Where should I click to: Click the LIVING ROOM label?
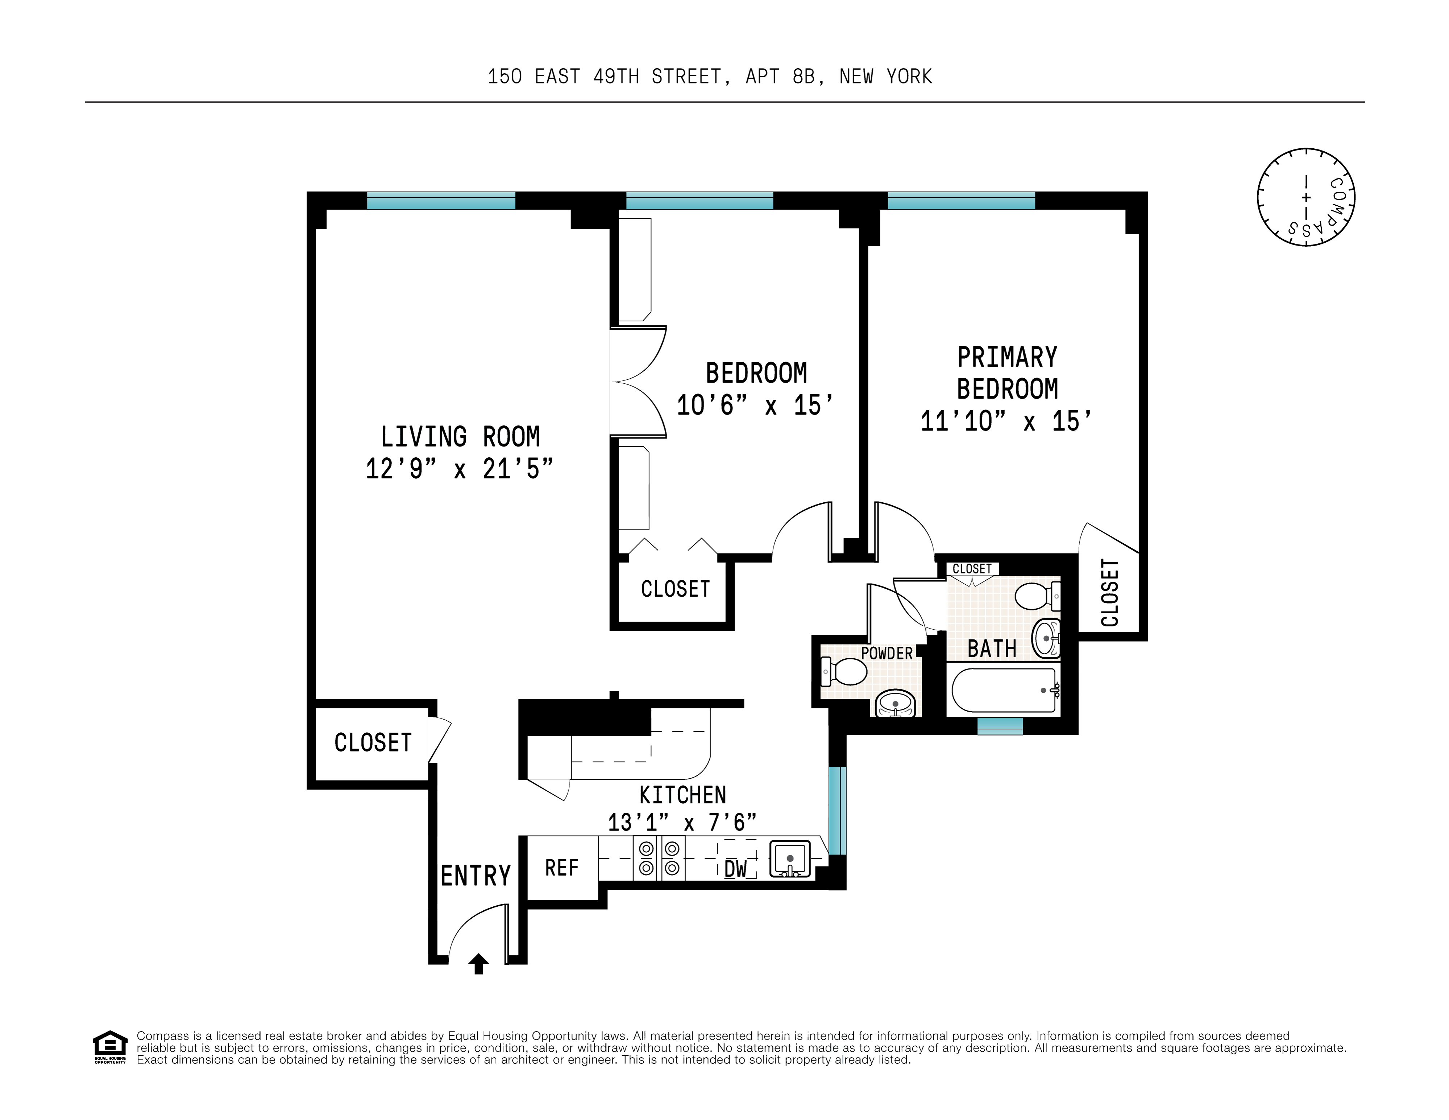460,437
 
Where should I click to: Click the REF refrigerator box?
562,868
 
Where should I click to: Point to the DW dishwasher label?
735,869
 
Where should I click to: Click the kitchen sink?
789,859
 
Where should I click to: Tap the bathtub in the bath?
1003,691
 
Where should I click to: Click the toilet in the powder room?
844,671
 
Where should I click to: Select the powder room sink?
896,703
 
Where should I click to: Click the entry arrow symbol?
478,963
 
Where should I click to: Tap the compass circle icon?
1306,197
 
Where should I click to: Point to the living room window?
441,201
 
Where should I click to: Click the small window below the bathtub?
1000,727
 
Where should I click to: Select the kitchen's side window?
838,810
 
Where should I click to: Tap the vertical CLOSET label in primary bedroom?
1109,593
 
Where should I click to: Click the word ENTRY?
476,876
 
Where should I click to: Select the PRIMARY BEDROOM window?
961,201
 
